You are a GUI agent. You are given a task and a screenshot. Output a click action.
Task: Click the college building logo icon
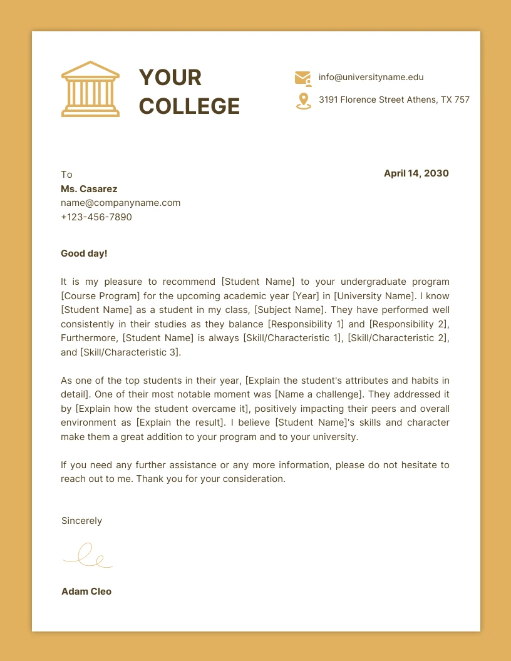click(x=90, y=89)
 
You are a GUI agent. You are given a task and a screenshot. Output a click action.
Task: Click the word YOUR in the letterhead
click(x=170, y=78)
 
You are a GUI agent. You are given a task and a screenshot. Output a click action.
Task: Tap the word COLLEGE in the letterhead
click(x=189, y=106)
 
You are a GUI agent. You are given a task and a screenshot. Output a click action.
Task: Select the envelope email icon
click(x=303, y=78)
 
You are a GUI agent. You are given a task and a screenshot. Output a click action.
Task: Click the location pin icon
click(x=304, y=101)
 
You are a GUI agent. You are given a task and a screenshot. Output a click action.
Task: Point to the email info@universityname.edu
click(x=371, y=78)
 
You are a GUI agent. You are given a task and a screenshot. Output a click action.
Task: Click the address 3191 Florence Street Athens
click(x=394, y=100)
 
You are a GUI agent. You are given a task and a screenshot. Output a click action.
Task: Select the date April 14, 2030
click(x=416, y=173)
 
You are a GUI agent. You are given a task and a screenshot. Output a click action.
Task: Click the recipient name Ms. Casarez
click(x=89, y=188)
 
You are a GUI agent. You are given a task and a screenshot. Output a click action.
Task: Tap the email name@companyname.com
click(x=120, y=203)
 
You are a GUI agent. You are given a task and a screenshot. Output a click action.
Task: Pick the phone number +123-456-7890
click(x=96, y=217)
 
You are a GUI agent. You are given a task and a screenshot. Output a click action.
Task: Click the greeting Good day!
click(x=84, y=254)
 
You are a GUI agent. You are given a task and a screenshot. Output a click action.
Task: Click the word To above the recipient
click(x=66, y=175)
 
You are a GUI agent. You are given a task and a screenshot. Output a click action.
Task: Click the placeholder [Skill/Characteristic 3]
click(x=130, y=352)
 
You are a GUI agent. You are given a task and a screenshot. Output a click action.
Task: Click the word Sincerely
click(x=81, y=521)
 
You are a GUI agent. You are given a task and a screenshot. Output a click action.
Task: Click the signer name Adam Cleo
click(x=86, y=592)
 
